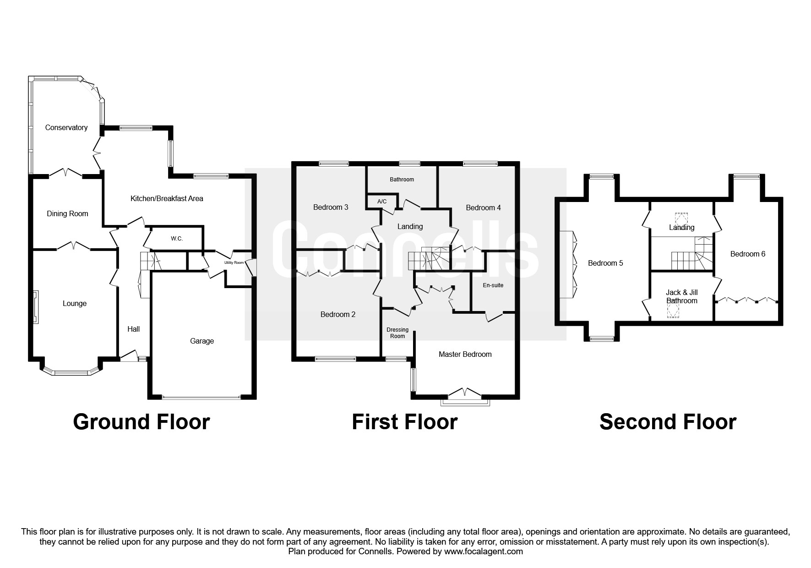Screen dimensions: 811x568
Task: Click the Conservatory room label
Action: [x=66, y=128]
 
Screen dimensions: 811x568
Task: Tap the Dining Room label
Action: [x=67, y=214]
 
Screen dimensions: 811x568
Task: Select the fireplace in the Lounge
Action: [x=35, y=303]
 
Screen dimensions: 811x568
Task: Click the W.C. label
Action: [x=177, y=239]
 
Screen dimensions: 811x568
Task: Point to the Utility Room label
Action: [x=234, y=263]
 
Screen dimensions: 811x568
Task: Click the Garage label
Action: [x=202, y=341]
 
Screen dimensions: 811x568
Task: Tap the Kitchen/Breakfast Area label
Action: [x=167, y=199]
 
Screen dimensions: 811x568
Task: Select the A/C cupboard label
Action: [x=382, y=202]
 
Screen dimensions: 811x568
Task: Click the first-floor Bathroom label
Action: [x=402, y=180]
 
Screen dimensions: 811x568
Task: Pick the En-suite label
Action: [x=493, y=285]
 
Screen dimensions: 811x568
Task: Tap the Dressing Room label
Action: [x=397, y=333]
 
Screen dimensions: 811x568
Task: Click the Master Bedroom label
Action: [x=465, y=355]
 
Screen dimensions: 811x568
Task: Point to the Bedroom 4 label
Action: [x=483, y=208]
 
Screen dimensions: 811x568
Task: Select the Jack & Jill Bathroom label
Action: [x=682, y=297]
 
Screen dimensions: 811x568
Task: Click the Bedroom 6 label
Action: [x=748, y=254]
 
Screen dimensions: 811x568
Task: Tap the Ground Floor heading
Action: [x=142, y=422]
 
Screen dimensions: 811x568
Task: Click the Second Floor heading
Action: [x=668, y=422]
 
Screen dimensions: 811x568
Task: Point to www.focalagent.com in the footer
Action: [x=484, y=552]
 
